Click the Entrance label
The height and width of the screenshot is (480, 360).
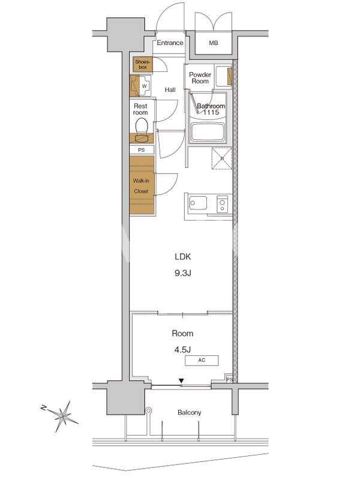(170, 43)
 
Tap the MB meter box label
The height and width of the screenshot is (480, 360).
(214, 43)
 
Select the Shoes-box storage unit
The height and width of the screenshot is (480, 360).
(143, 64)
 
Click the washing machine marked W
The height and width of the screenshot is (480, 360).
(144, 86)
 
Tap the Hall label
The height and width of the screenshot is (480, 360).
(170, 89)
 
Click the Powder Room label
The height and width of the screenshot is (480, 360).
(200, 78)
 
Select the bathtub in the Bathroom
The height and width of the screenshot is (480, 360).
(208, 133)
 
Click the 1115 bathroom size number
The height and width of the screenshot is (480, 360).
(211, 112)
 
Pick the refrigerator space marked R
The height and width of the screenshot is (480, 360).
(222, 158)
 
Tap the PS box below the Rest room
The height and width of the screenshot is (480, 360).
(142, 150)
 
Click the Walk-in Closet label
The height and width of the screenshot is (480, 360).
(141, 186)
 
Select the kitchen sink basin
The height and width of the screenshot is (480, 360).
(198, 203)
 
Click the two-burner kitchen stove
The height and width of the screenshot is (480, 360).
(223, 204)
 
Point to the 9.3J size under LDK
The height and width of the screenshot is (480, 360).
(183, 273)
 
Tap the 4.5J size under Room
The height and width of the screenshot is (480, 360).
(183, 350)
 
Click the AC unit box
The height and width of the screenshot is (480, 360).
(202, 361)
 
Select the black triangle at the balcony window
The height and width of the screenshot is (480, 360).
(182, 381)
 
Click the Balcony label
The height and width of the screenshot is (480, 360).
(190, 412)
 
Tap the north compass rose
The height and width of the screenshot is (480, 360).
(62, 416)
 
